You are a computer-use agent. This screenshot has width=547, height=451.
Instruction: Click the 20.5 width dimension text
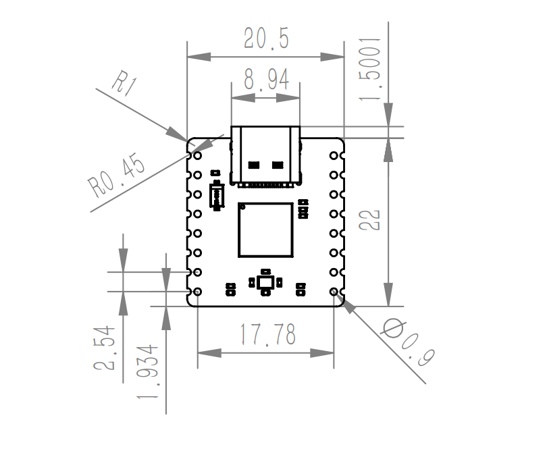pyautogui.click(x=266, y=38)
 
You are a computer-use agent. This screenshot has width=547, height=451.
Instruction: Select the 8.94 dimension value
pyautogui.click(x=267, y=80)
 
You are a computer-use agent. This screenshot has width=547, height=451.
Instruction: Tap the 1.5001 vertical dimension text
pyautogui.click(x=370, y=68)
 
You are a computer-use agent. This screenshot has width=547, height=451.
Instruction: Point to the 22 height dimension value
pyautogui.click(x=369, y=219)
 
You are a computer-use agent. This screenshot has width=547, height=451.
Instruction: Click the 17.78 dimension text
pyautogui.click(x=267, y=334)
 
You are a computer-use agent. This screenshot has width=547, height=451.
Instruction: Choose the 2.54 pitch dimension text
pyautogui.click(x=104, y=348)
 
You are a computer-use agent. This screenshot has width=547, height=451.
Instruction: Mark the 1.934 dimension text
pyautogui.click(x=147, y=371)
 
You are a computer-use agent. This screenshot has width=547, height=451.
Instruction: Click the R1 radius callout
pyautogui.click(x=124, y=83)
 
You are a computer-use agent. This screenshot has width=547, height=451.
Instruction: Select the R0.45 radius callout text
pyautogui.click(x=116, y=176)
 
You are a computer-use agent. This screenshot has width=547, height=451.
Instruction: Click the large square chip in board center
pyautogui.click(x=265, y=230)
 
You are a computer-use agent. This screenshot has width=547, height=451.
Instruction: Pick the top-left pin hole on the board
pyautogui.click(x=197, y=155)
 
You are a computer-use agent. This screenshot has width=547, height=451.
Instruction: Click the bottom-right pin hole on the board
pyautogui.click(x=334, y=292)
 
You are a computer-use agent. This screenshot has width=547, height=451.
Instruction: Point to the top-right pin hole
pyautogui.click(x=334, y=155)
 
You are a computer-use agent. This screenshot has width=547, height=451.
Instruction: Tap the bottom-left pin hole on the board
pyautogui.click(x=197, y=292)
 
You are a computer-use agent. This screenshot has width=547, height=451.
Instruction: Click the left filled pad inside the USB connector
pyautogui.click(x=254, y=165)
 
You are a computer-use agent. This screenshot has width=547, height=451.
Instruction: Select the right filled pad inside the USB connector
pyautogui.click(x=278, y=165)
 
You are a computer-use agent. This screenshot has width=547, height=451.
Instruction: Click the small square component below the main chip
pyautogui.click(x=265, y=282)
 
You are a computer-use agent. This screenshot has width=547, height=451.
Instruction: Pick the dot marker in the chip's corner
pyautogui.click(x=243, y=207)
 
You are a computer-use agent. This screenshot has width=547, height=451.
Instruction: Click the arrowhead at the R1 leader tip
pyautogui.click(x=178, y=134)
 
